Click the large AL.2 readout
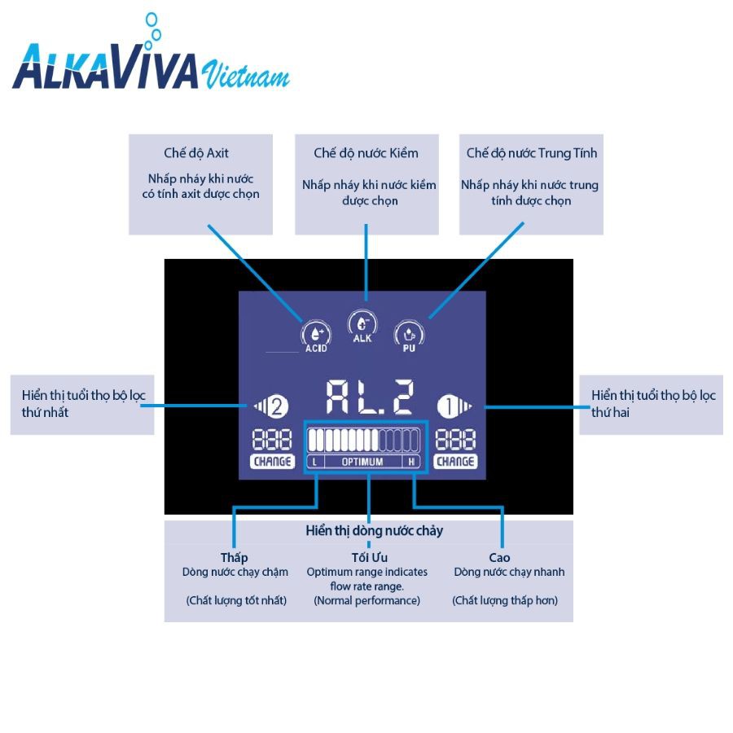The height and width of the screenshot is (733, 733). (x=369, y=398)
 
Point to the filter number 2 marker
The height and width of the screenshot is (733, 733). (x=270, y=405)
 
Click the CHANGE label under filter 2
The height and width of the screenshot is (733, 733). (x=271, y=462)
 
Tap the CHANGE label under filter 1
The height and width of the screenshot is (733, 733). (x=455, y=462)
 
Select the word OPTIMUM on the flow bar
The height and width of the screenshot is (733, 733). (x=362, y=462)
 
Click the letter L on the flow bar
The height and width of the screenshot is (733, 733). (x=314, y=462)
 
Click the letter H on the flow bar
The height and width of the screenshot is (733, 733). (x=412, y=462)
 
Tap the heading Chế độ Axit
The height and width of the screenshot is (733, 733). (x=196, y=153)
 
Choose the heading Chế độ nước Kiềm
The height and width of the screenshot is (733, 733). (x=366, y=153)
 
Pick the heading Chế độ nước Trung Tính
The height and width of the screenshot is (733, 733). (x=531, y=153)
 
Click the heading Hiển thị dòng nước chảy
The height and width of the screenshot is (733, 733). (x=375, y=531)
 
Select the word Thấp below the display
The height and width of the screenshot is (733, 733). (x=234, y=558)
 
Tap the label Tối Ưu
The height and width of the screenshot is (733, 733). (x=369, y=558)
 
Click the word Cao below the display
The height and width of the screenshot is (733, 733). (x=499, y=558)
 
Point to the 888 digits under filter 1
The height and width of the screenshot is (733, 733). (x=455, y=441)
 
